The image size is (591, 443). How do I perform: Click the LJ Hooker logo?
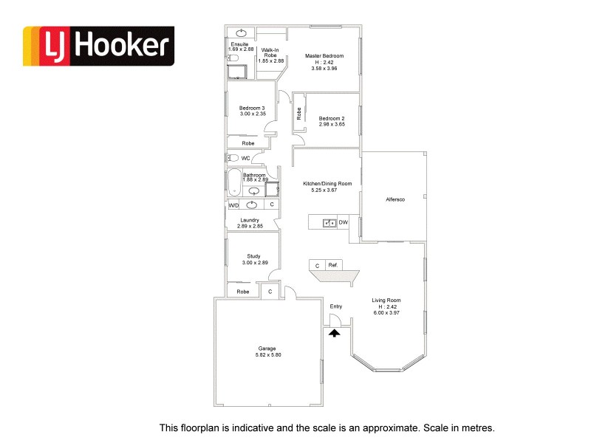98,47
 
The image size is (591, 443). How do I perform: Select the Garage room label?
267,348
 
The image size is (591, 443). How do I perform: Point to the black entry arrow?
334,333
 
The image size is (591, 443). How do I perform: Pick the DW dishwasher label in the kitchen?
343,221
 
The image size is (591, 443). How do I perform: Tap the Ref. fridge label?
332,264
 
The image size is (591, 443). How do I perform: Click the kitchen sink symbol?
328,221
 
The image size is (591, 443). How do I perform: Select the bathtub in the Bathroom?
234,182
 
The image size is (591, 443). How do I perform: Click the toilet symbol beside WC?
233,158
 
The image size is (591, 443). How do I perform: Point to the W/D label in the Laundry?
233,205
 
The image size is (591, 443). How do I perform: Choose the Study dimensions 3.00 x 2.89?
253,263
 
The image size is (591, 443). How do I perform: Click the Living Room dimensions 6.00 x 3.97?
386,313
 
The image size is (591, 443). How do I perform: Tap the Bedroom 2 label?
331,118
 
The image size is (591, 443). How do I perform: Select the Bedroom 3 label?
252,108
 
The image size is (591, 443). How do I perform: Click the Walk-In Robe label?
270,52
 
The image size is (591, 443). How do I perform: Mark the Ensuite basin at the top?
242,32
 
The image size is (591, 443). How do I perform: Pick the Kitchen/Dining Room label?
327,183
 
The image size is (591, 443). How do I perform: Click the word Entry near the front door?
336,306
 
